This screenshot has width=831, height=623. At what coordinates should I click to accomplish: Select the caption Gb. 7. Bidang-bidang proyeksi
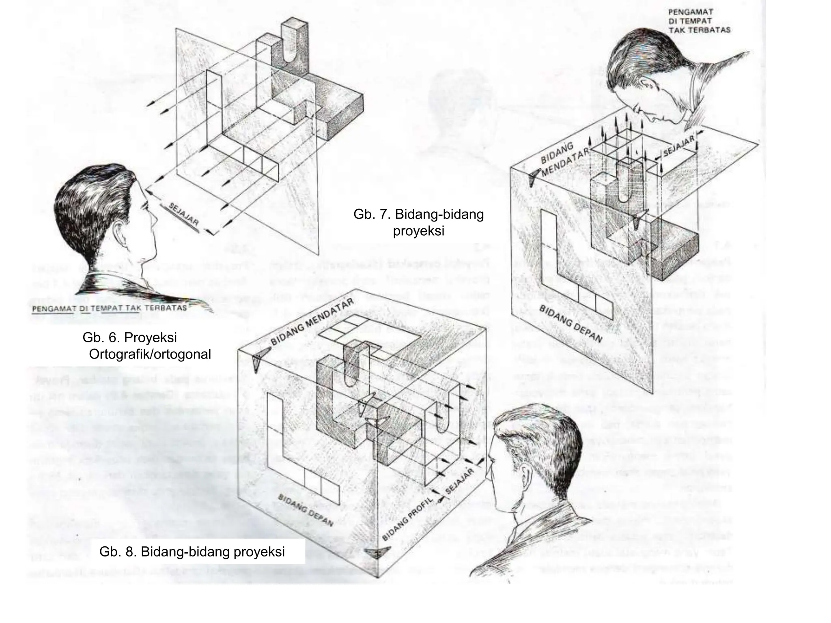click(418, 222)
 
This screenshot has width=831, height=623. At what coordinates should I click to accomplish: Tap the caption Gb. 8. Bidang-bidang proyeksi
click(192, 552)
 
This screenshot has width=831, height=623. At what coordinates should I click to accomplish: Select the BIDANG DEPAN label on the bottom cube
click(305, 510)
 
